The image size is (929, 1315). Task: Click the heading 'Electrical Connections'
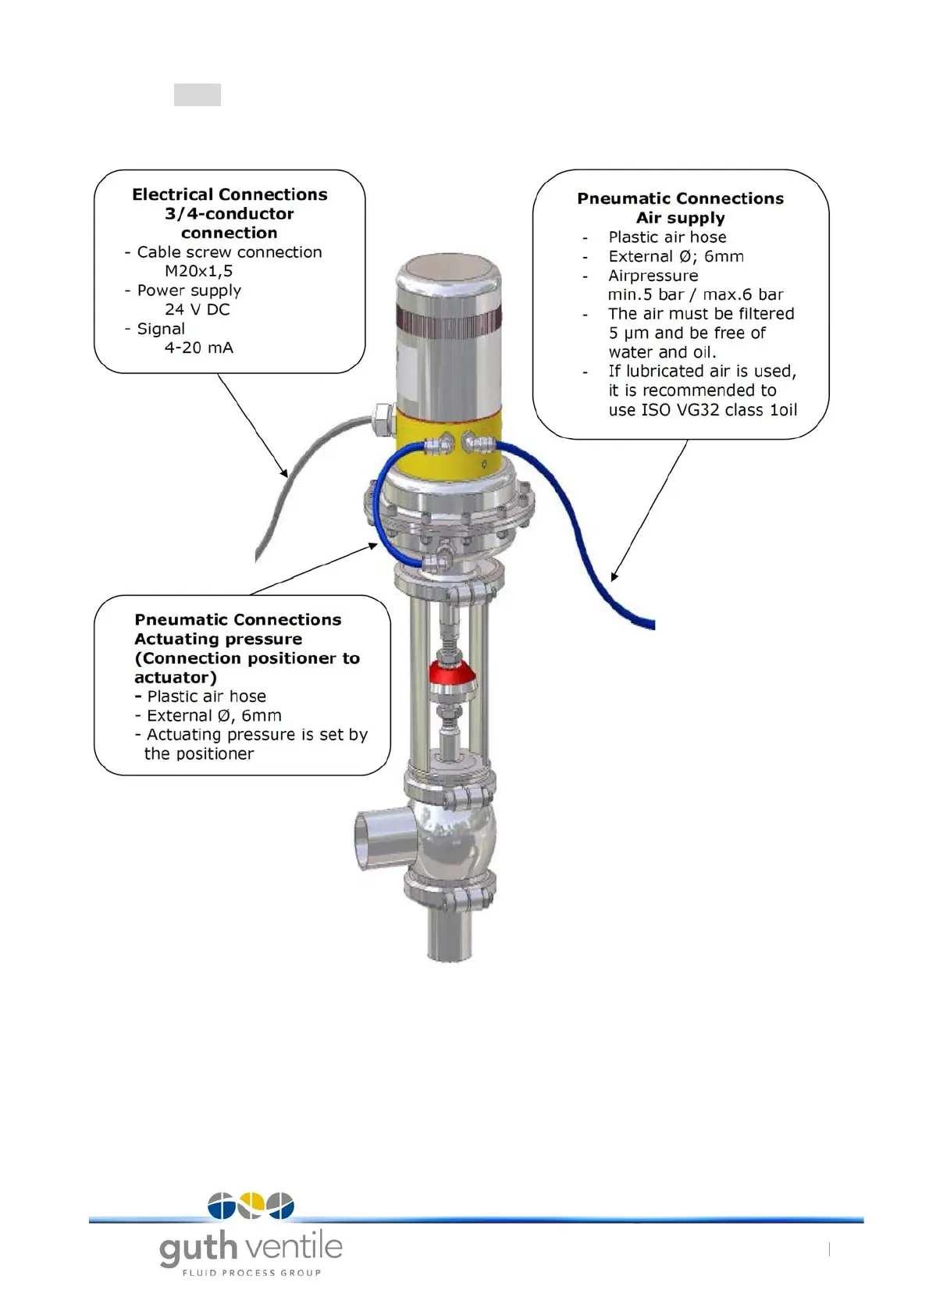(230, 194)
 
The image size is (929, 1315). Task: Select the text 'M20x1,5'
(198, 271)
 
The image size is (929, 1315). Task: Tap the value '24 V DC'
(197, 309)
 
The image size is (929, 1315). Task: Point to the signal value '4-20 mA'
(198, 347)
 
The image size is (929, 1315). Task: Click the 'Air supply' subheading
(680, 218)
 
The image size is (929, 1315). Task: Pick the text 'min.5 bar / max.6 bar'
(695, 294)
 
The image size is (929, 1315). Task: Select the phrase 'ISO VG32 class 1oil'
(719, 410)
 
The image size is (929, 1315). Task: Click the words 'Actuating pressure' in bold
(218, 639)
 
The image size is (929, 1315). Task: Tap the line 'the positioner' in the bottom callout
(199, 754)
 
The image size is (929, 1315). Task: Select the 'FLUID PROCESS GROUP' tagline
(251, 1273)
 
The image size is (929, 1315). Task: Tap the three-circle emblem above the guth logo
(251, 1205)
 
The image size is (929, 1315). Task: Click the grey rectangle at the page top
(197, 94)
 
